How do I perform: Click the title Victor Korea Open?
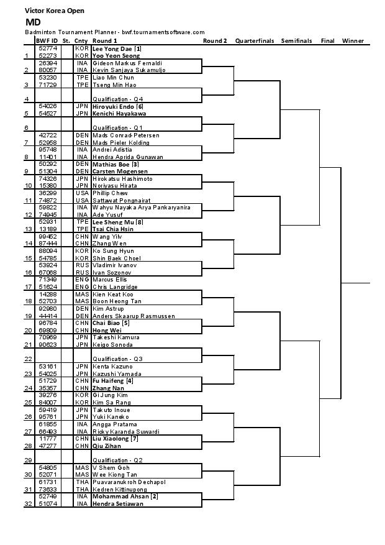coord(55,11)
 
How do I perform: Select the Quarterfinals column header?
coord(255,41)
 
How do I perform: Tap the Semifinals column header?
coord(296,41)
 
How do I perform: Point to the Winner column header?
coord(353,41)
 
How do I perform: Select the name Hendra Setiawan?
coord(117,504)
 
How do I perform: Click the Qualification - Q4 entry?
coord(118,99)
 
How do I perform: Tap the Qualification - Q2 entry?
coord(118,460)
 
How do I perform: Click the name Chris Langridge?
coord(114,287)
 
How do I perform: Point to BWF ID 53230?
coord(48,78)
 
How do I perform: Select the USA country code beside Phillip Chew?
coord(81,193)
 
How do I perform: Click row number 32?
coord(27,504)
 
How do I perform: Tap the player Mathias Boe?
coord(108,165)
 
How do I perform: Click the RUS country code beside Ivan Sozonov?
coord(81,273)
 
